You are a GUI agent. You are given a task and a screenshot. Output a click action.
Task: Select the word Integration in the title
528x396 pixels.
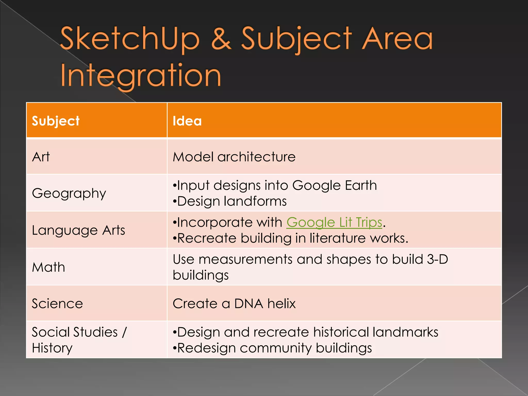click(141, 75)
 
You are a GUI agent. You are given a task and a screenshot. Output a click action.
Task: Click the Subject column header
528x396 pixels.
click(55, 121)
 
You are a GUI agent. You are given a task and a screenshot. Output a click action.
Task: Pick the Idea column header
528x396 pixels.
click(187, 121)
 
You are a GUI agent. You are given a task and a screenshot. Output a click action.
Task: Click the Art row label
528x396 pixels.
click(41, 157)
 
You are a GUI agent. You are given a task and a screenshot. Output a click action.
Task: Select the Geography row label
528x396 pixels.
click(69, 193)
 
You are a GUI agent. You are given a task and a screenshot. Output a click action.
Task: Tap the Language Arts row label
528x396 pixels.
click(78, 230)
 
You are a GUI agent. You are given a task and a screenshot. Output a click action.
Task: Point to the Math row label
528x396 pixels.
click(48, 267)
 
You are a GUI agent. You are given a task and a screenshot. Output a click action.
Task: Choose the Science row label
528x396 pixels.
click(57, 303)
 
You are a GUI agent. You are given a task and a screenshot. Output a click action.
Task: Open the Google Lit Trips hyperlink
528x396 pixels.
click(334, 222)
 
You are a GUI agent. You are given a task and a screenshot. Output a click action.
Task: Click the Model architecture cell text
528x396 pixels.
click(234, 157)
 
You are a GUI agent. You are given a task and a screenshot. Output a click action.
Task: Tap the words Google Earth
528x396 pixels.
click(334, 185)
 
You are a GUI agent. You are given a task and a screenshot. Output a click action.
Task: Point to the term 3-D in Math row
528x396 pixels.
click(437, 259)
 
